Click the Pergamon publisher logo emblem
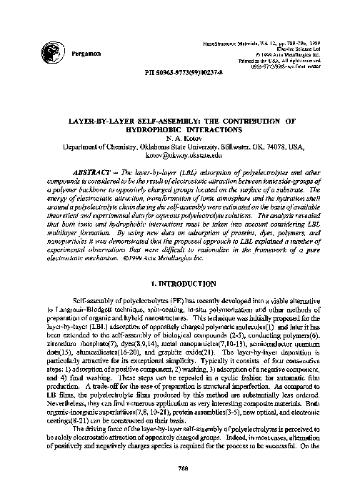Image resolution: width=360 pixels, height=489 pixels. coord(51,51)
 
